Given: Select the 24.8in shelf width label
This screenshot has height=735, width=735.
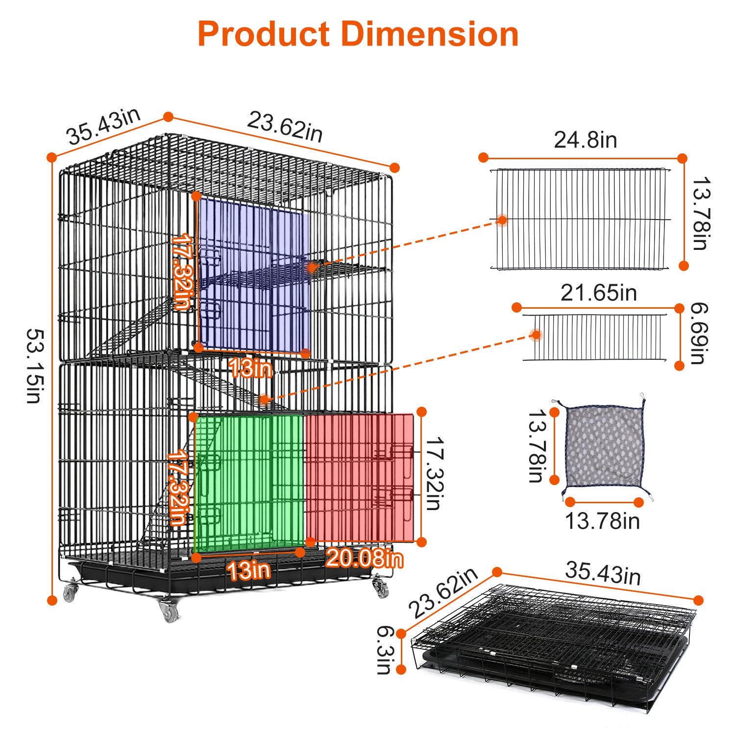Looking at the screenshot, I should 585,140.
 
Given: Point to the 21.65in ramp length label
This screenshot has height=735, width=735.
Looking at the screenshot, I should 598,293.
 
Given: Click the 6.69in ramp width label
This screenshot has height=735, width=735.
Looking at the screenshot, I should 698,334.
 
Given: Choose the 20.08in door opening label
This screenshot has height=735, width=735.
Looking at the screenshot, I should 365,559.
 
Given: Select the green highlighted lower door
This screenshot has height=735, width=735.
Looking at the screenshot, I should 250,483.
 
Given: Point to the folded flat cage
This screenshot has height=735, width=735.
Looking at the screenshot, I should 554,647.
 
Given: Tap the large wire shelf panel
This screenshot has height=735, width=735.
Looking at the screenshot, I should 580,219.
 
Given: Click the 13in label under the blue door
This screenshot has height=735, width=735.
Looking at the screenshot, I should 250,368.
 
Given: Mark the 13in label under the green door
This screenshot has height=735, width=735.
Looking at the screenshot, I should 248,570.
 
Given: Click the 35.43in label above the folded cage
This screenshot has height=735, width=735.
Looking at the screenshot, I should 603,574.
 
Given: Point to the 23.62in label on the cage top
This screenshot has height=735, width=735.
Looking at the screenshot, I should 285,127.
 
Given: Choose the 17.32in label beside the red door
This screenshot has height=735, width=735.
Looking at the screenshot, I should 433,473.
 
